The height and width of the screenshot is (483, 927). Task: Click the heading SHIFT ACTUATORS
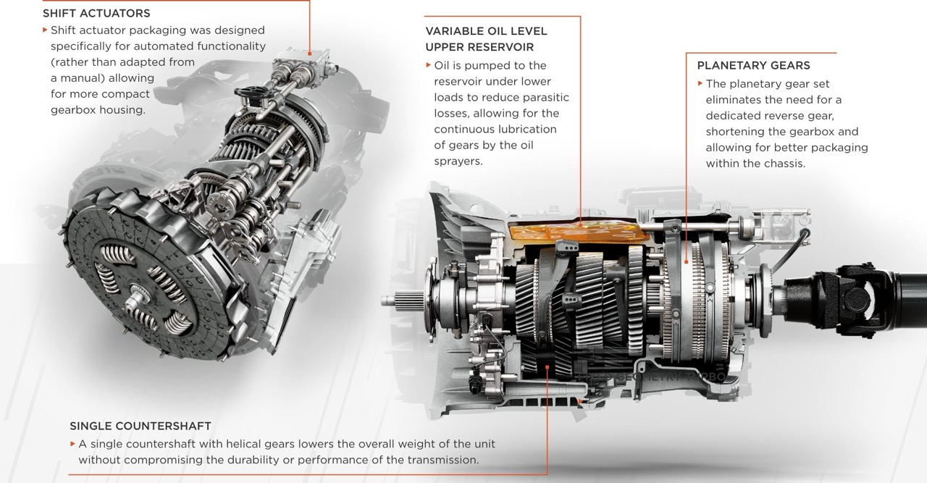pos(96,13)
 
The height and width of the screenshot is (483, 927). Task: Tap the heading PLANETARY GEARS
pos(754,65)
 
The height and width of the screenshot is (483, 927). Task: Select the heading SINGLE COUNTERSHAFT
pos(140,426)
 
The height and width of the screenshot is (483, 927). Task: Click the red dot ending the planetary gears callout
pos(686,262)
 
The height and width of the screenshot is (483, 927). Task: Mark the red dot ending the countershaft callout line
pos(547,366)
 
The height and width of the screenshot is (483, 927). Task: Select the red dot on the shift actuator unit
pos(309,54)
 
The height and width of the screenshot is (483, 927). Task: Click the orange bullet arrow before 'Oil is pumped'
pos(428,65)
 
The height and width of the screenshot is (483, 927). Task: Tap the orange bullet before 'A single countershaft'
pos(72,444)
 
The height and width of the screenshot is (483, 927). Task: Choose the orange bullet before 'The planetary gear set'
pos(700,83)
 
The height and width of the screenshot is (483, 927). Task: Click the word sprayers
pos(458,161)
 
